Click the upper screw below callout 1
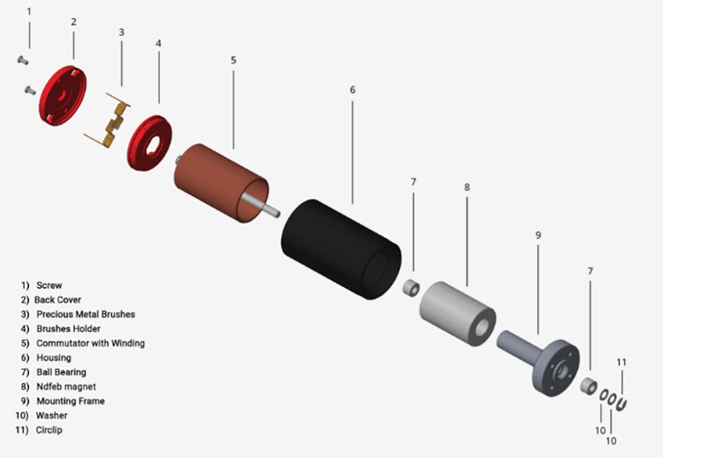[x=22, y=59]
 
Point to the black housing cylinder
[x=340, y=246]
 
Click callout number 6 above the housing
[x=352, y=90]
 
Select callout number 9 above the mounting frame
[x=538, y=235]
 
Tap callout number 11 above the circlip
[x=622, y=362]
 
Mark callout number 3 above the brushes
[x=121, y=32]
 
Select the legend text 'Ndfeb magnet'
[x=66, y=386]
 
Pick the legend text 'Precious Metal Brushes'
[x=85, y=314]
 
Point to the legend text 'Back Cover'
[x=58, y=300]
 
